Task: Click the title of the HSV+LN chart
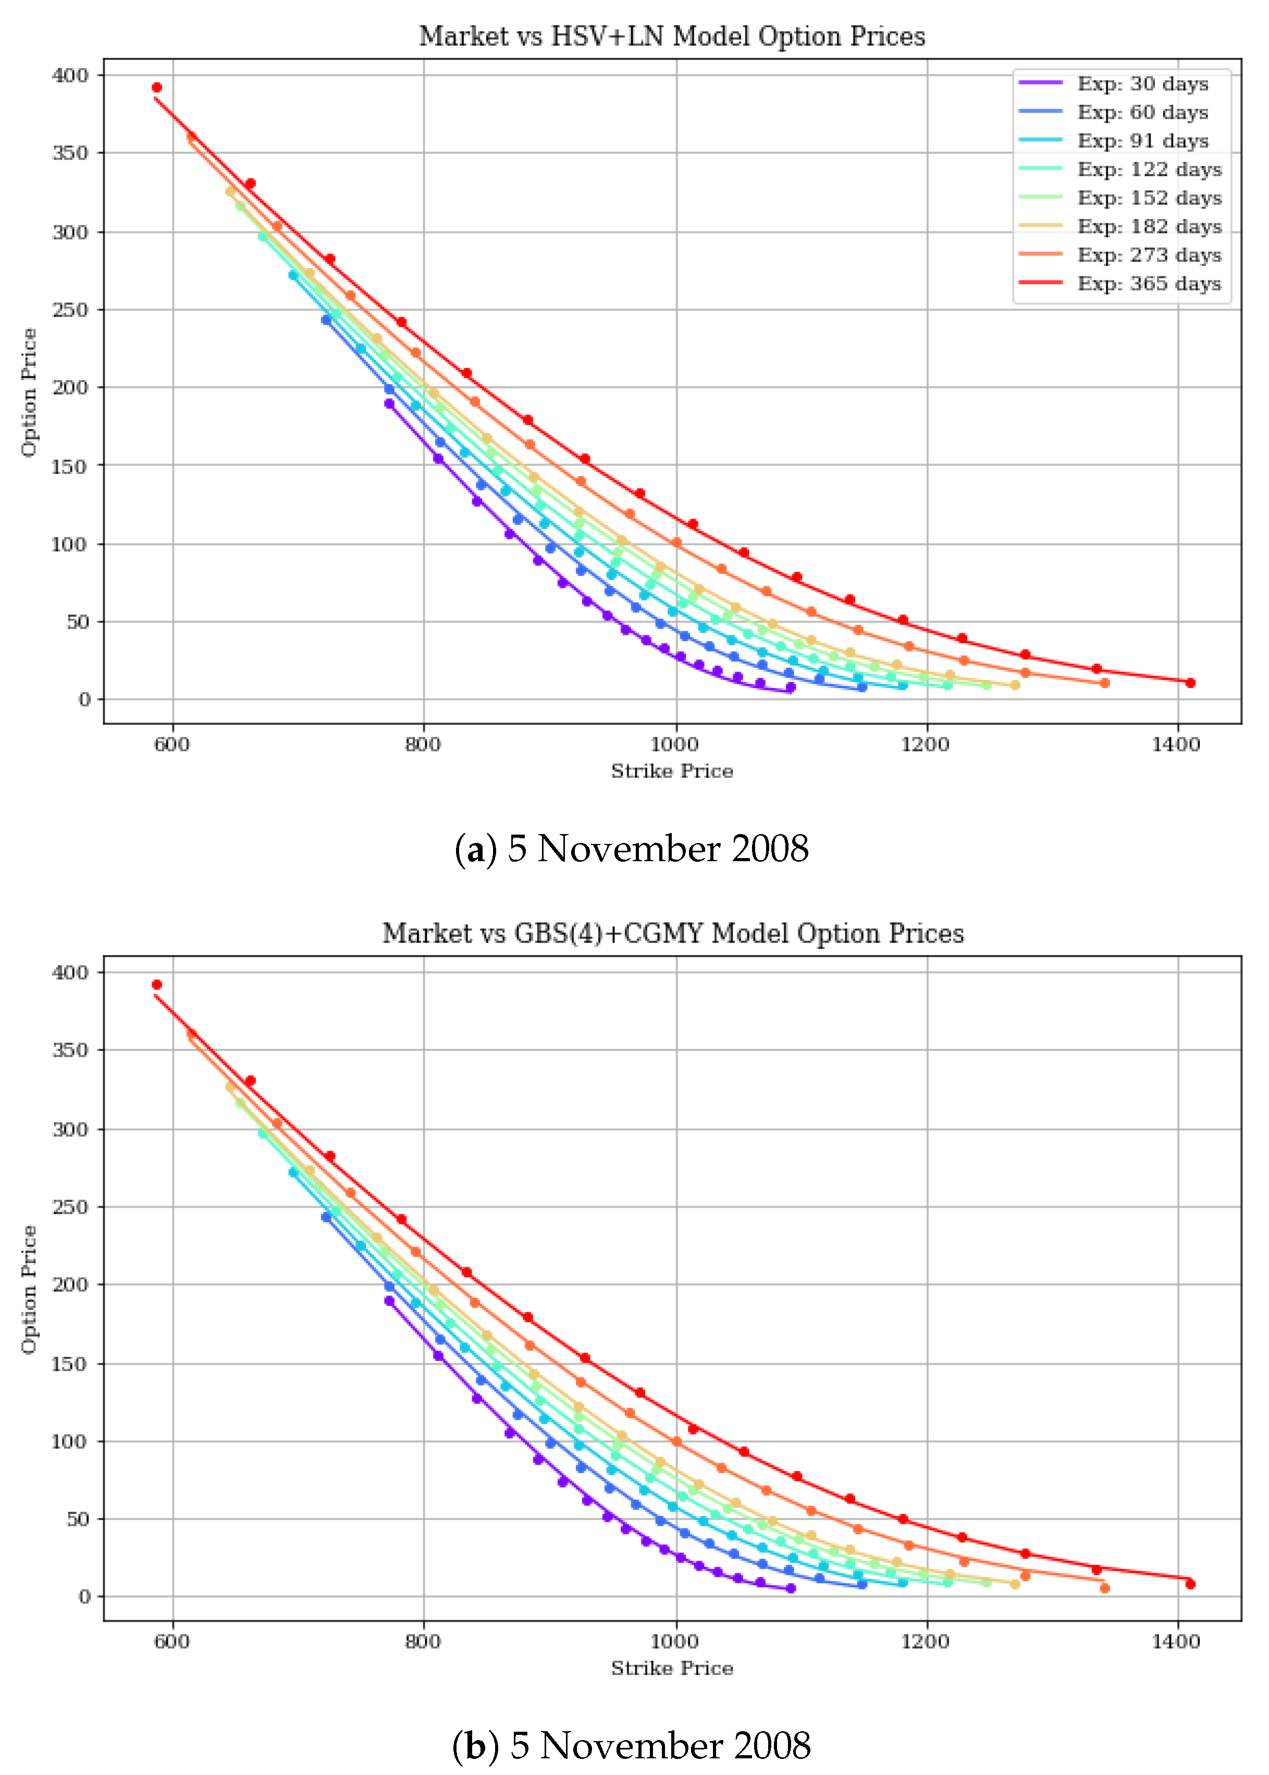tap(672, 36)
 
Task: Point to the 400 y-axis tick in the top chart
tap(70, 76)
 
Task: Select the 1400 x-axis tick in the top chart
tap(1175, 744)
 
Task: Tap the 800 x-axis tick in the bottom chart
tap(423, 1642)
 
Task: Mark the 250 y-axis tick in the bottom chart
tap(70, 1207)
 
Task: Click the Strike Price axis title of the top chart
tap(672, 772)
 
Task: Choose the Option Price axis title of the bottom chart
tap(29, 1289)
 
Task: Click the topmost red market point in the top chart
tap(157, 88)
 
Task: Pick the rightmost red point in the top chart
tap(1190, 683)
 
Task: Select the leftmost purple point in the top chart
tap(389, 404)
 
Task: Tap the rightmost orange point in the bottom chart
tap(1104, 1588)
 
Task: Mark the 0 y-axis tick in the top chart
tap(84, 700)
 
